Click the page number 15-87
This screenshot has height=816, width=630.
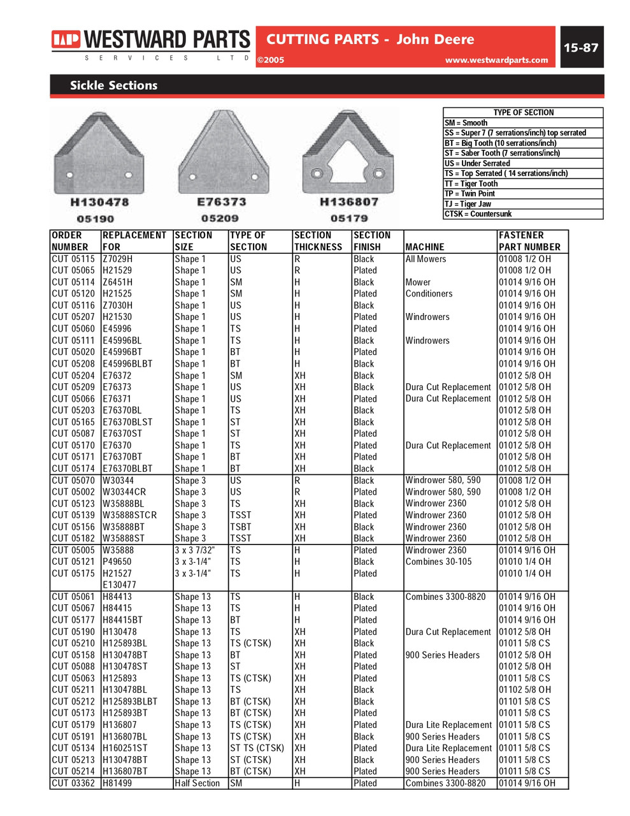(581, 48)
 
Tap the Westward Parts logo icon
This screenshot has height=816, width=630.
(66, 41)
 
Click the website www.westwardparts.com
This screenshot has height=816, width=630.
(496, 61)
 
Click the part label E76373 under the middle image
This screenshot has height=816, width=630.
(221, 202)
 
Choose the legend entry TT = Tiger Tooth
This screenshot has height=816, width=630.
(471, 184)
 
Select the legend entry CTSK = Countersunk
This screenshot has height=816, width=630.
(478, 214)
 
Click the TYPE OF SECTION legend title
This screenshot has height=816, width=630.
(523, 113)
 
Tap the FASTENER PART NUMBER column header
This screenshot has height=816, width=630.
(530, 241)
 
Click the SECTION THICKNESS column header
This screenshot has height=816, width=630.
(319, 241)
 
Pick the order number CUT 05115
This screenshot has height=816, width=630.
(73, 259)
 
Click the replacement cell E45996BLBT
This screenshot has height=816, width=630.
(128, 364)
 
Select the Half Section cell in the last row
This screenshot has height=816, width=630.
(197, 783)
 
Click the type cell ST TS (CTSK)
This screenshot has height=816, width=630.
(257, 748)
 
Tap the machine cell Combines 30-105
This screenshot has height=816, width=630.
(439, 562)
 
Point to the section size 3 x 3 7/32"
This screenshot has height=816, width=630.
(195, 551)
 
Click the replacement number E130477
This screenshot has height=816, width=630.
(119, 585)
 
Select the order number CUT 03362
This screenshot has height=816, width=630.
(73, 783)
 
